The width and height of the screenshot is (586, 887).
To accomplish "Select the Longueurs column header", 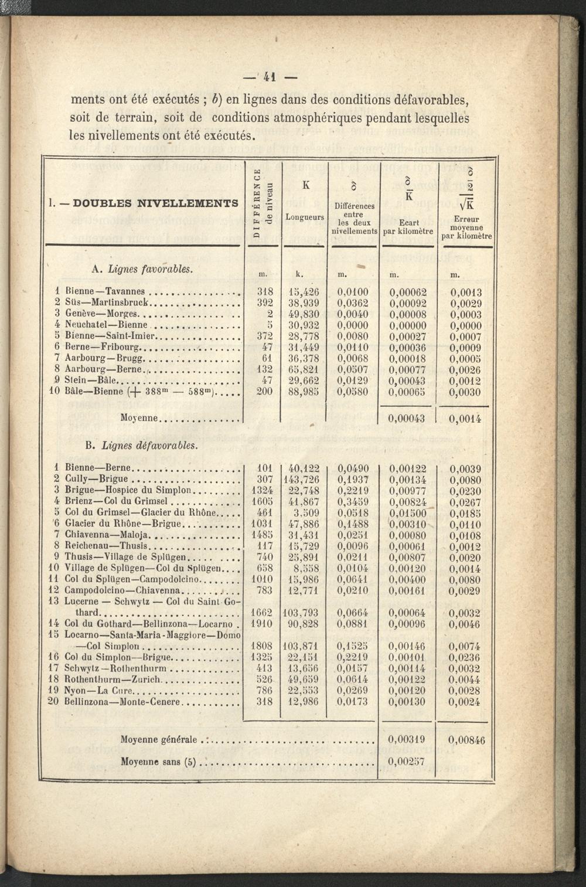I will click(305, 217).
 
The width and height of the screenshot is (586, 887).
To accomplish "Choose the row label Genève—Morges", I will click(101, 314).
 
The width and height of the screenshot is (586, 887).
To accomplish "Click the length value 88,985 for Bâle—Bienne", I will click(305, 392).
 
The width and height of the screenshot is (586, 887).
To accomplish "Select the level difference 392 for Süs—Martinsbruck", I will click(265, 303).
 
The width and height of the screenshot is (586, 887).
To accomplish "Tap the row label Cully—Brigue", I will click(96, 480).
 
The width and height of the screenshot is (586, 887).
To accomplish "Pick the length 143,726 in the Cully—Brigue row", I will click(304, 480).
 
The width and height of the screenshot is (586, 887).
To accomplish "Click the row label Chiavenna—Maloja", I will click(108, 535).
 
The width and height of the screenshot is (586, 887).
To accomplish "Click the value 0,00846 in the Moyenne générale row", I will click(466, 740).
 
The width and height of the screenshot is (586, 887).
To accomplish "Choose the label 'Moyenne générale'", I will click(158, 740).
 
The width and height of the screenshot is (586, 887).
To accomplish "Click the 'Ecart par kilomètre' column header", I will click(408, 227).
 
